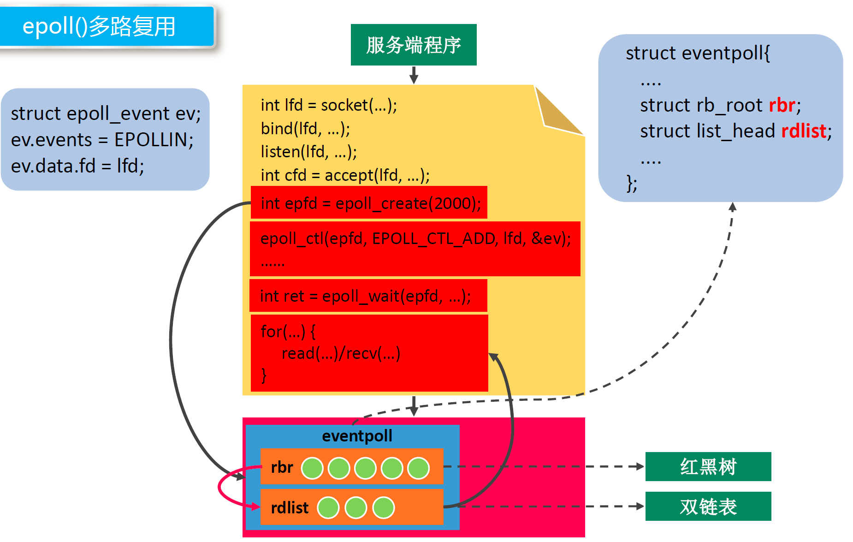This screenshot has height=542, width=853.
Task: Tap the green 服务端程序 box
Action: coord(414,45)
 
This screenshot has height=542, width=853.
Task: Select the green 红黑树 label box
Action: coord(708,466)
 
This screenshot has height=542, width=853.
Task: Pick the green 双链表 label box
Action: coord(708,506)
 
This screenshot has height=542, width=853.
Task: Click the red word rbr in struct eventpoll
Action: coord(782,106)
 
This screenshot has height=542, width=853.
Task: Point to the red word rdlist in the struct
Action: coord(804,131)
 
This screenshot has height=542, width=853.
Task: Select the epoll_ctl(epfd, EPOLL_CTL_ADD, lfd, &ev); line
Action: coord(415,238)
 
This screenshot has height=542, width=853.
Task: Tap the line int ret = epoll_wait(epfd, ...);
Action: coord(365,296)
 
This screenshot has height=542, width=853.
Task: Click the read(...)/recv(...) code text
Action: coord(341,353)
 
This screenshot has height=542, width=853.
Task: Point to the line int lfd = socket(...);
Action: coord(329,105)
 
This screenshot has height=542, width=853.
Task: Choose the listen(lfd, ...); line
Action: coord(308,152)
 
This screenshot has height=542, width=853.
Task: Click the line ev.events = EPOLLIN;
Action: coord(102,140)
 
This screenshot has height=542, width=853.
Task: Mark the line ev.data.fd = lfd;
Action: coord(77,166)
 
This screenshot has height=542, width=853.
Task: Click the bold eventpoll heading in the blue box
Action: coord(357,436)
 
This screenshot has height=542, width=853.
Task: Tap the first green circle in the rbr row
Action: coord(312,468)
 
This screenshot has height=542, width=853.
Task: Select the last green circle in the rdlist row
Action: coord(383,508)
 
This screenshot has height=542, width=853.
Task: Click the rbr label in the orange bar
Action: coord(282,468)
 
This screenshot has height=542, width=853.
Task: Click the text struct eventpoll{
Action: coord(698,54)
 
